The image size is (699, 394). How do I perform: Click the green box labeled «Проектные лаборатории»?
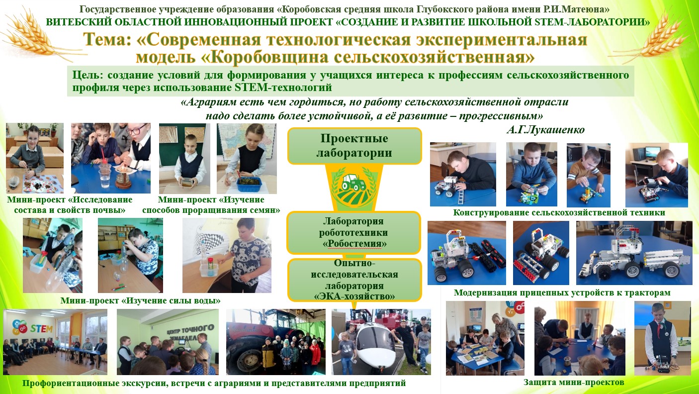tap(354, 146)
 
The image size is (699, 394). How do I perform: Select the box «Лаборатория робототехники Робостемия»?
tap(354, 232)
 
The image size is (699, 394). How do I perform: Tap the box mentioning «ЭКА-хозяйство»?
tap(354, 280)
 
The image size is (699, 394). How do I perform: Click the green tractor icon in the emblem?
tap(353, 183)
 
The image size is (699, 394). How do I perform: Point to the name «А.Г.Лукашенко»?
tap(545, 129)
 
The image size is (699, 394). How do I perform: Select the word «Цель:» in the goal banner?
tap(87, 75)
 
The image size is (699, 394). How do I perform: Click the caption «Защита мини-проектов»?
tap(574, 383)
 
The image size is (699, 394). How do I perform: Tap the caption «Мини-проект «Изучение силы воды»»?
tap(140, 300)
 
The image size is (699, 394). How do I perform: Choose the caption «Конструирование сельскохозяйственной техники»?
tap(559, 212)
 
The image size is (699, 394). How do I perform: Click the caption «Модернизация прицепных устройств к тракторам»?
tap(562, 293)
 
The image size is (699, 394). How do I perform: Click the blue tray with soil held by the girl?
tap(249, 184)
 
